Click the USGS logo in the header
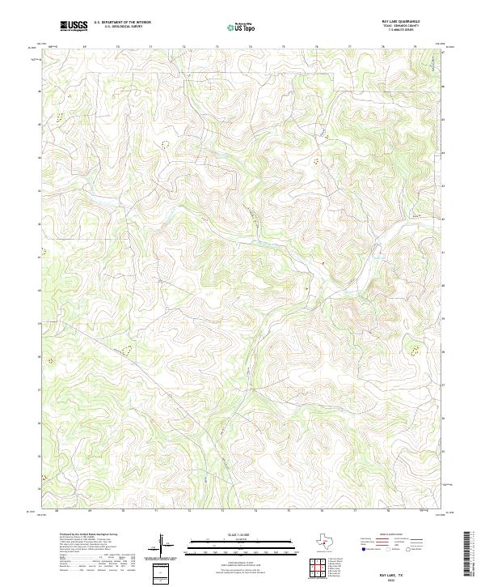click(74, 26)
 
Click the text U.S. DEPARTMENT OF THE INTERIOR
click(122, 23)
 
